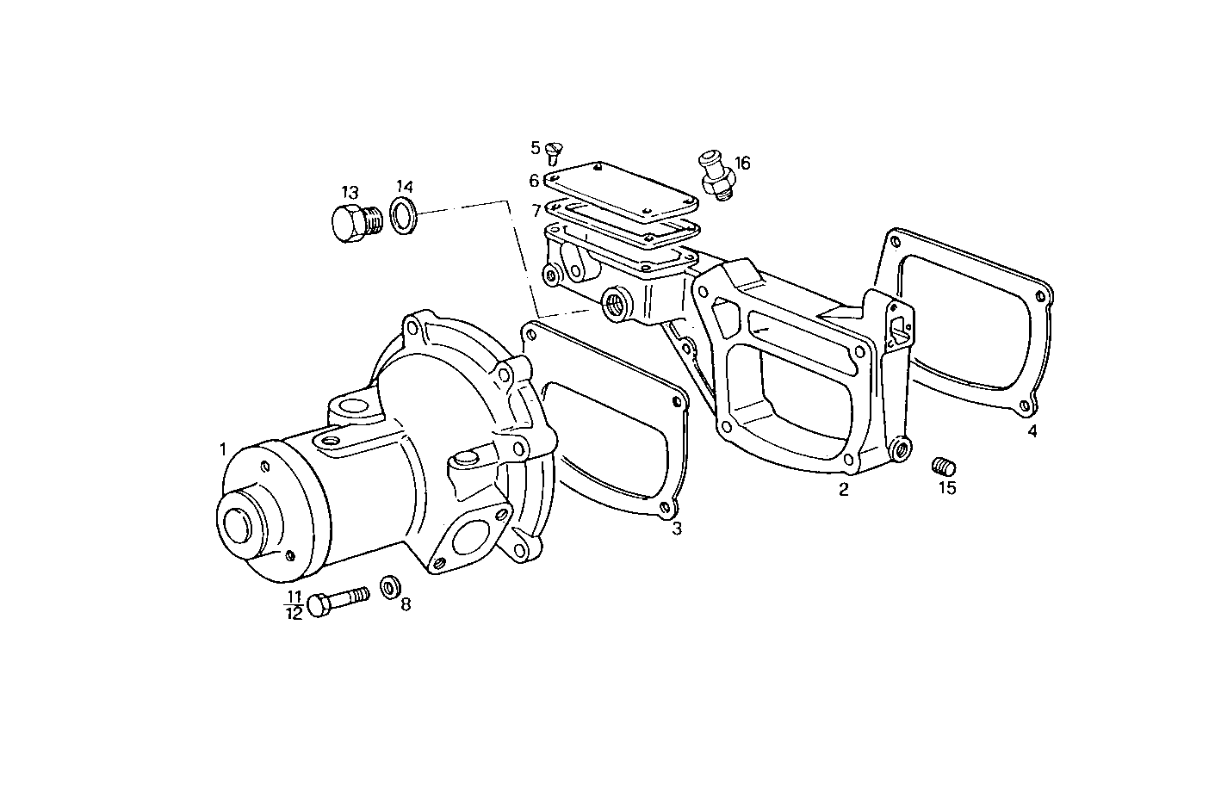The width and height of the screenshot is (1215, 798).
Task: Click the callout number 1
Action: coord(222,449)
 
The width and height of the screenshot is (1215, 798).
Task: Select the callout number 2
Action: coord(844,490)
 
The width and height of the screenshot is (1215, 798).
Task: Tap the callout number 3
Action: coord(677,529)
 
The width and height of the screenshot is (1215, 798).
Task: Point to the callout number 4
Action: coord(1032,431)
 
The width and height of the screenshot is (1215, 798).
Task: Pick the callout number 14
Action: coord(405,187)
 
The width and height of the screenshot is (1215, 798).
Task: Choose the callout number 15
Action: coord(947,488)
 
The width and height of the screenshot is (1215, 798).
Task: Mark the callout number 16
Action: coord(741,163)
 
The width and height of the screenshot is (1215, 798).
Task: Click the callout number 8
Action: coord(405,604)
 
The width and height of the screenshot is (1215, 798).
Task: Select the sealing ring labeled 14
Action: coord(402,215)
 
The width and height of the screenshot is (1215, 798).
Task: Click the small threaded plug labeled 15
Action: coord(945,467)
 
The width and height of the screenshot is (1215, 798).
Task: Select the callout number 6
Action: coord(534,181)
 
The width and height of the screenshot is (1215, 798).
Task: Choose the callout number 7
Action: coord(536,210)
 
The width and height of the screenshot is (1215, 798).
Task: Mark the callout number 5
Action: coord(534,147)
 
